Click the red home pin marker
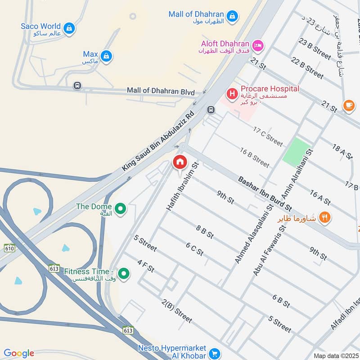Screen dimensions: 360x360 pos(180,162)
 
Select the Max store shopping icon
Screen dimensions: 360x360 pos(106,56)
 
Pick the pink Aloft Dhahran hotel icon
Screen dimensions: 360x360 pos(258,45)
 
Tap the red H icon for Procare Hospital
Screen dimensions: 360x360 pos(232,94)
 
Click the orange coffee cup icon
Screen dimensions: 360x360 pos(348,105)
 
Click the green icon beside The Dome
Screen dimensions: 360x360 pos(120,209)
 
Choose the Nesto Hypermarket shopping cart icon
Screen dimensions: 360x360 pos(215,353)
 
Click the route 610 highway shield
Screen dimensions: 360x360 pos(9,248)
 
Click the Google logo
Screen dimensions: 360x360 pos(19,353)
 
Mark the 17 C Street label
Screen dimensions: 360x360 pos(268,136)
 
